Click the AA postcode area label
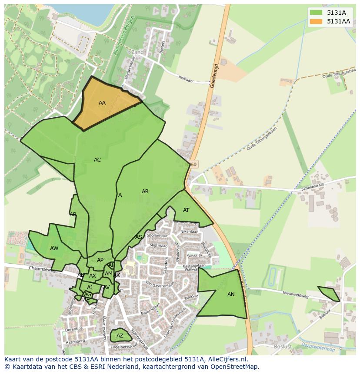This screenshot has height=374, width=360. (x=102, y=103)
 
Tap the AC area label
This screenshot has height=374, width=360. (x=97, y=160)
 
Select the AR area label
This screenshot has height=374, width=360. (x=145, y=192)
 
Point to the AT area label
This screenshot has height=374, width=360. (x=186, y=210)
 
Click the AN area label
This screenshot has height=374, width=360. (x=231, y=295)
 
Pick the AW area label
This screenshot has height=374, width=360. (x=54, y=248)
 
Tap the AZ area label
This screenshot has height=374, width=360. (x=120, y=336)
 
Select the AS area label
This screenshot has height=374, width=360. (x=138, y=237)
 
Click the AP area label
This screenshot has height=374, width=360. (x=100, y=260)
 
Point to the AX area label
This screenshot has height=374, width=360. (x=93, y=276)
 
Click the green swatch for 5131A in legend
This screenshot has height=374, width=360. (x=316, y=13)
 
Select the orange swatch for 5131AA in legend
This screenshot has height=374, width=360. (x=316, y=21)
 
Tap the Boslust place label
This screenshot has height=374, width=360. (x=283, y=347)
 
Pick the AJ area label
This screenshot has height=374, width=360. (x=90, y=288)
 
